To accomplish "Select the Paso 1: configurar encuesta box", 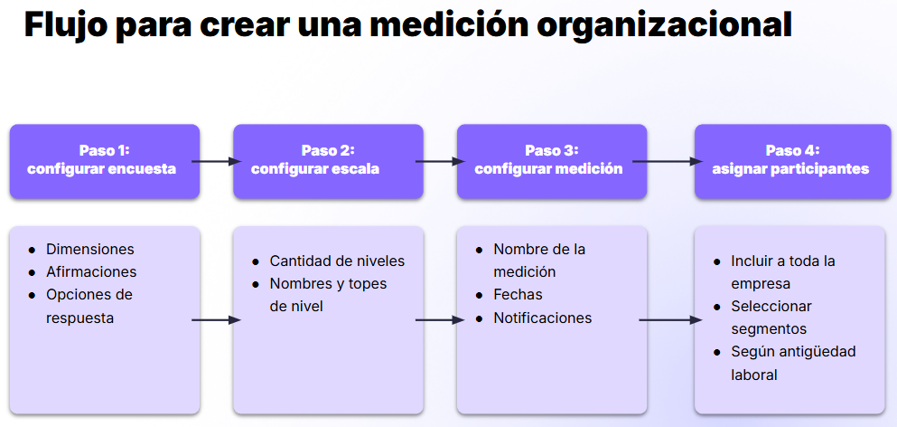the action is [105, 162].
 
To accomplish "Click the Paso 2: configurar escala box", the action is [329, 162].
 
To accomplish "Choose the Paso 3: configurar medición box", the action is [552, 162].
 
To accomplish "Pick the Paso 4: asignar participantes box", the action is [793, 162].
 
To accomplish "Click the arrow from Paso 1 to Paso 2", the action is [216, 162].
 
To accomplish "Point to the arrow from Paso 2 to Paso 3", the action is [440, 162].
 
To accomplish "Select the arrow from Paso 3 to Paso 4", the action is [667, 162].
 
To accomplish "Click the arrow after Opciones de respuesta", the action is [216, 320].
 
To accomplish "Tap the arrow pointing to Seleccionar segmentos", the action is [670, 320].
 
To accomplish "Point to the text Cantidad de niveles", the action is [337, 261].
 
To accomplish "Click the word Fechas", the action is [518, 295].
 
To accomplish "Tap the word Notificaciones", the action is [542, 318].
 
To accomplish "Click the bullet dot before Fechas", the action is [480, 296].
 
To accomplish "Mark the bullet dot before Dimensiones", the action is [33, 251].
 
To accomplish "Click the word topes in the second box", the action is [369, 284].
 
